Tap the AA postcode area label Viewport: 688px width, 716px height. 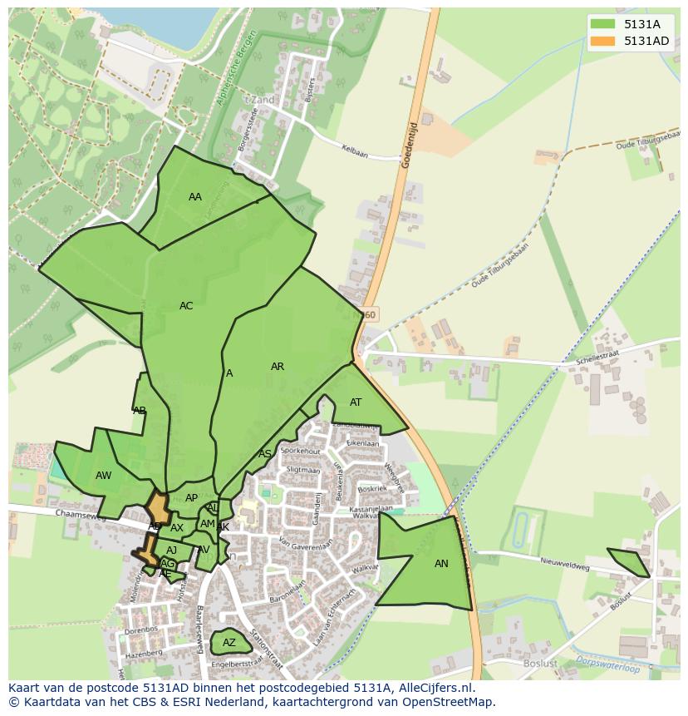click(195, 197)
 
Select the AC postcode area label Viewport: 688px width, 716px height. click(186, 306)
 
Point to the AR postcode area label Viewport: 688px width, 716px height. click(278, 367)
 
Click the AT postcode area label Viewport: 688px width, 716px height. click(356, 402)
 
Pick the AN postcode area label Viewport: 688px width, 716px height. click(441, 564)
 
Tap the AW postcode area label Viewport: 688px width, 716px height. click(103, 476)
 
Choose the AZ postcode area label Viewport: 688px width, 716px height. click(229, 643)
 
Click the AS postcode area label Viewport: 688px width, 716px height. click(264, 454)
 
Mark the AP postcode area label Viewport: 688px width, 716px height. click(191, 498)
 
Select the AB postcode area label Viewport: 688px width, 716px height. click(140, 410)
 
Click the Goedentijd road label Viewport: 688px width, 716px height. click(408, 147)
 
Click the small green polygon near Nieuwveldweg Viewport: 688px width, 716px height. click(629, 562)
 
